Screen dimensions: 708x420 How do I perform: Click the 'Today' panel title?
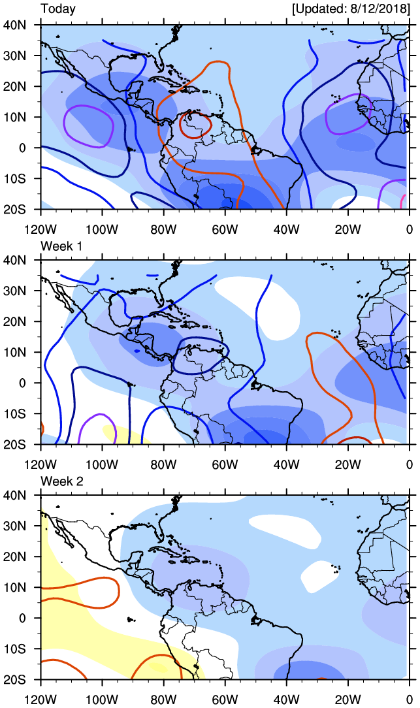coord(58,9)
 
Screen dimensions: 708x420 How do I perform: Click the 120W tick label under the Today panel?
coord(39,229)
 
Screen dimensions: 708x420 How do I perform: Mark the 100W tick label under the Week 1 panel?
coord(101,464)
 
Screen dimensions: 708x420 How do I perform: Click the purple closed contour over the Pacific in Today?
coord(65,124)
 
